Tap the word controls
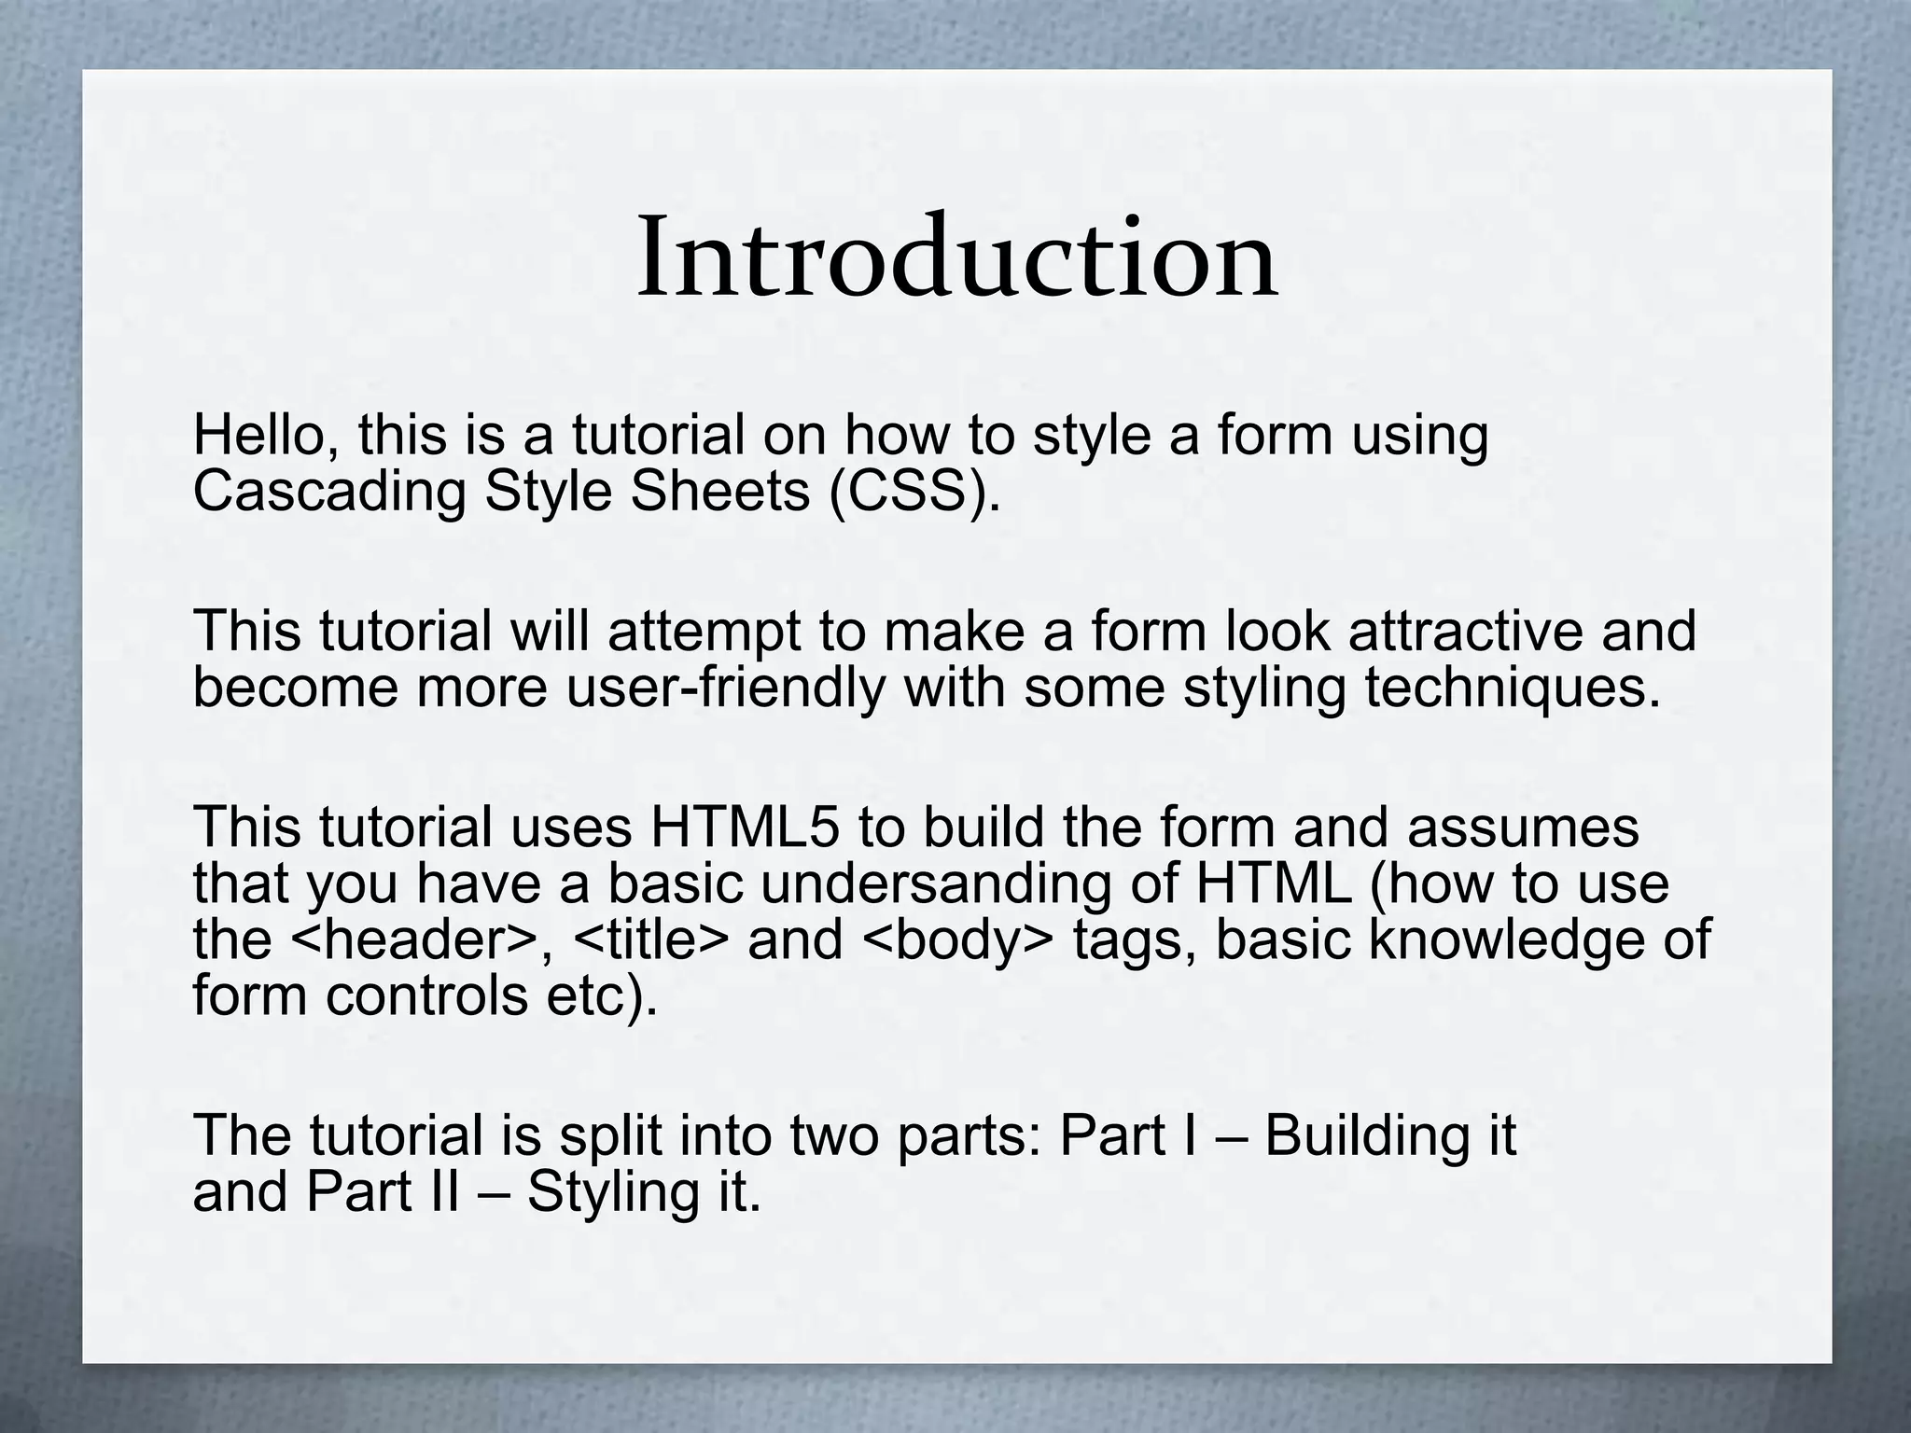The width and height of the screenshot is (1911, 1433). (426, 995)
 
